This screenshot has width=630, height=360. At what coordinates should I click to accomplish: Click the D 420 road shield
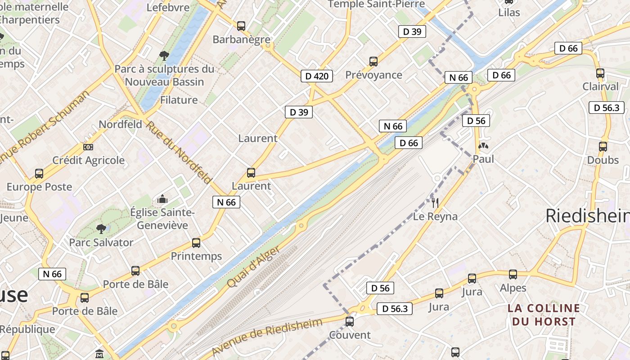coord(317,76)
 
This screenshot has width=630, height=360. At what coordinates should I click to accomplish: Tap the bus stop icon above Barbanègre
coord(241,26)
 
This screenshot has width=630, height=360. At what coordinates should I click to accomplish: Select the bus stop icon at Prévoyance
coord(373,62)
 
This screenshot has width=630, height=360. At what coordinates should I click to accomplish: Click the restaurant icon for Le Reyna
coord(435,203)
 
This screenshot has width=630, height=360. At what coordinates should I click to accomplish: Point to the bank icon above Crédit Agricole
coord(88,147)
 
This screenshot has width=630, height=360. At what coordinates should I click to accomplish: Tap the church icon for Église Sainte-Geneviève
coord(162,199)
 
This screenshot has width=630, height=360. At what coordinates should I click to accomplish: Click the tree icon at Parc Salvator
coord(101,229)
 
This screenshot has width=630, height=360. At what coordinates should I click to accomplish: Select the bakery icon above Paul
coord(483,146)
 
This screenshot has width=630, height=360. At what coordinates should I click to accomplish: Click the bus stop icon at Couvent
coord(350,322)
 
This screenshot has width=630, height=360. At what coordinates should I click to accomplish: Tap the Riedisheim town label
coord(587,216)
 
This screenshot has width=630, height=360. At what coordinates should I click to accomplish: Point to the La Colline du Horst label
coord(544,315)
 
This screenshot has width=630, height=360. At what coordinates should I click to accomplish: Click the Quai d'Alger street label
coord(254,267)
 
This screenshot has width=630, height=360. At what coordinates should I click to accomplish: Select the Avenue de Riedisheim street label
coord(267,337)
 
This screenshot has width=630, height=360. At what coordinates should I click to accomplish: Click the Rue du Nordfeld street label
coord(178,153)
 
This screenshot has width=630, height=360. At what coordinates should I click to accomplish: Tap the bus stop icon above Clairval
coord(600,73)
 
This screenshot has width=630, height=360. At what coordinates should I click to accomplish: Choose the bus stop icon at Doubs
coord(603,147)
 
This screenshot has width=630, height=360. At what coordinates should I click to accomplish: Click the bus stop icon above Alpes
coord(513,274)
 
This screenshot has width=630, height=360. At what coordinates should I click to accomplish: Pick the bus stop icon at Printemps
coord(196,243)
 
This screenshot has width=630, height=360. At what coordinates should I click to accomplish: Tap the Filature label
coord(179,100)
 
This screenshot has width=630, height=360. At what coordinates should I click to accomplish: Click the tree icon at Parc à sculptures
coord(164,56)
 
